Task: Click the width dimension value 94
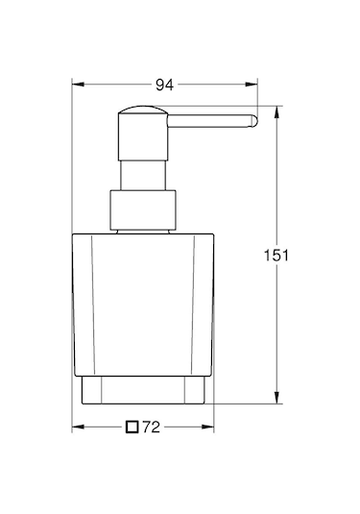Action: [164, 86]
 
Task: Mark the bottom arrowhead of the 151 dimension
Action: [276, 402]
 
